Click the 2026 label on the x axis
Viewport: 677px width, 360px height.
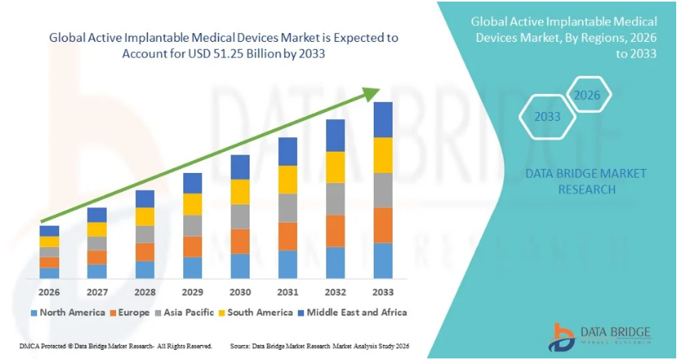tap(49, 291)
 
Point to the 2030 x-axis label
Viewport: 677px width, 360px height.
tap(240, 291)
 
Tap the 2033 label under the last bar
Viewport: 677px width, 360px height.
tap(383, 291)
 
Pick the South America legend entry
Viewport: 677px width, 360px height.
tap(260, 313)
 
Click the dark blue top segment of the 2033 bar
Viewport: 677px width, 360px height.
tap(383, 120)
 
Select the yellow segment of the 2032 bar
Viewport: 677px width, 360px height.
tap(336, 167)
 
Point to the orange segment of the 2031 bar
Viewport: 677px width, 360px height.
tap(288, 236)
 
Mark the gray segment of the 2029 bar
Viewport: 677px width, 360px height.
tap(193, 226)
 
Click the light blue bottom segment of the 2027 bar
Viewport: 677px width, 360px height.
tap(97, 272)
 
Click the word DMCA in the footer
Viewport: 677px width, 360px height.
tap(30, 347)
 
